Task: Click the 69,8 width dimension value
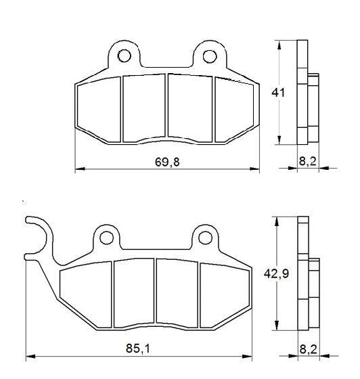(x=165, y=161)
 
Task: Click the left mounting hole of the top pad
(x=124, y=54)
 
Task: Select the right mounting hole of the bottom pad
(x=206, y=238)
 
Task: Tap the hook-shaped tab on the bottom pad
(x=37, y=237)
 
